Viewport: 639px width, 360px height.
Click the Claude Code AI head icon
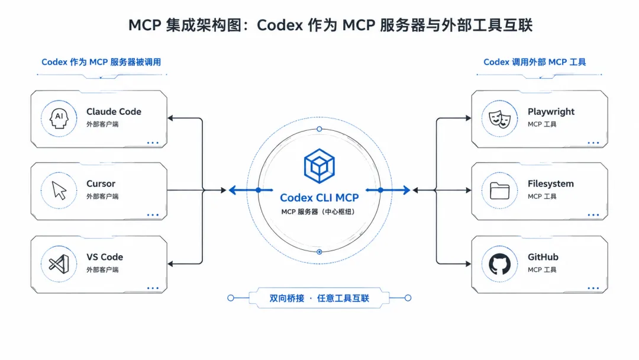point(59,118)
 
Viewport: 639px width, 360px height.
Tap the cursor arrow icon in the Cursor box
point(59,190)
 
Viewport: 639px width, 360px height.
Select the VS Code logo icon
point(59,264)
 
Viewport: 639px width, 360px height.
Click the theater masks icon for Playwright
point(499,119)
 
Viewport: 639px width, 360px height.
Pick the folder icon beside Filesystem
point(499,191)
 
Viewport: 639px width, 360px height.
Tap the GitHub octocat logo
point(499,264)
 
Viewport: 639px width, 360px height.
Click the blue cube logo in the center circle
point(319,166)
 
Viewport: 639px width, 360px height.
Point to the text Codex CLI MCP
point(319,198)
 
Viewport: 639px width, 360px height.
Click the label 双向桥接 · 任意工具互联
point(319,298)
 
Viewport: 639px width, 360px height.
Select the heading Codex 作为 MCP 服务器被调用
point(101,62)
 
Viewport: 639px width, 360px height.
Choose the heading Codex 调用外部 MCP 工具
point(535,62)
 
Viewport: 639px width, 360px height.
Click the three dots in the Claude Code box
point(153,143)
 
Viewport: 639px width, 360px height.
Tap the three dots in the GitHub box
point(593,288)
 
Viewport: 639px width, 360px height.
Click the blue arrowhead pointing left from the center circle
point(233,190)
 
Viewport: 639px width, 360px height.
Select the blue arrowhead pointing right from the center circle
point(406,190)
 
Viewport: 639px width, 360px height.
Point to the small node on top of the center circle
point(319,129)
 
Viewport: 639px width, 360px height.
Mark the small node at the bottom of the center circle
point(319,252)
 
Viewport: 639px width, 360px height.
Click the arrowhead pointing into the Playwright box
point(468,118)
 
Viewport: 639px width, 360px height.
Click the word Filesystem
point(551,184)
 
